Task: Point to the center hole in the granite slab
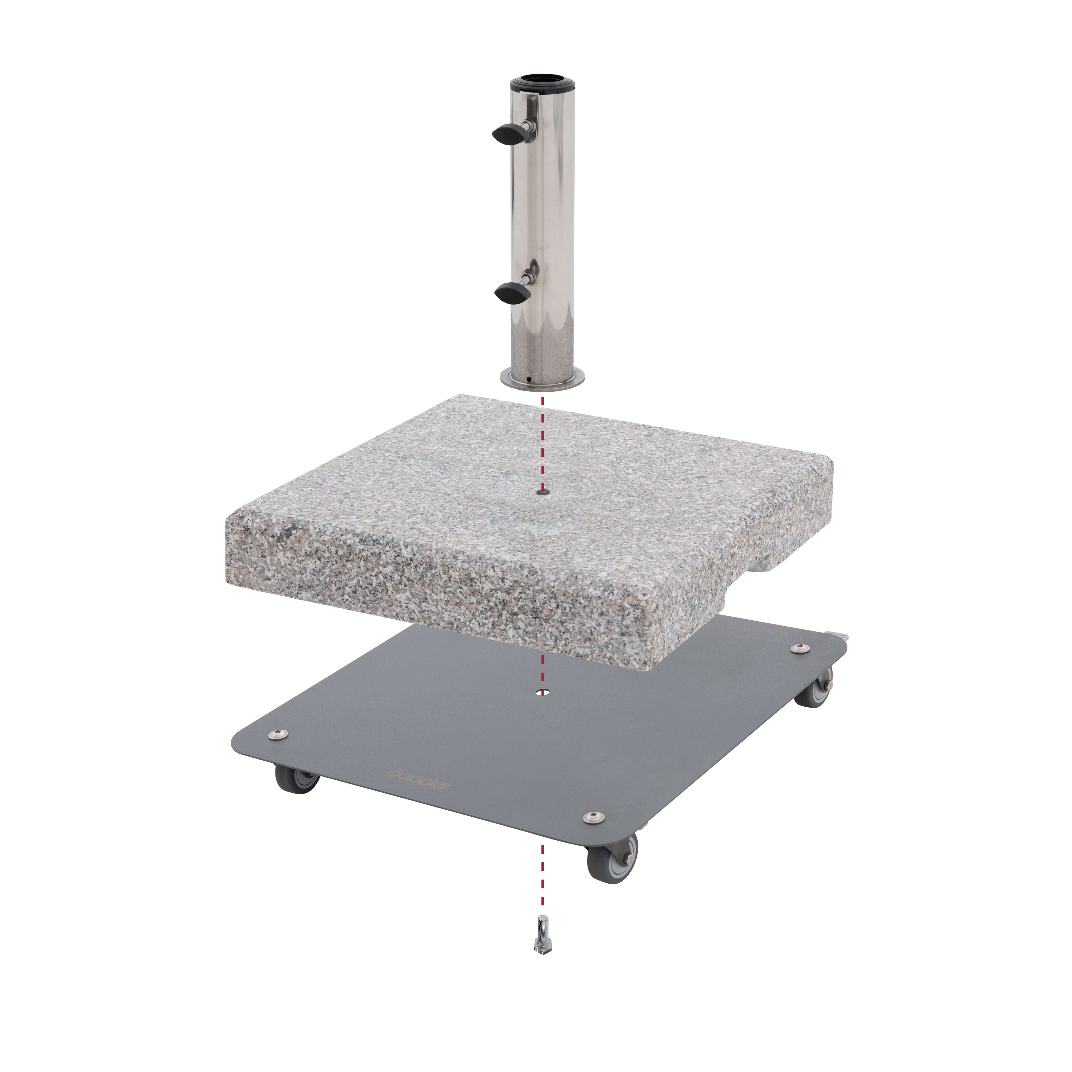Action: pos(542,492)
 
